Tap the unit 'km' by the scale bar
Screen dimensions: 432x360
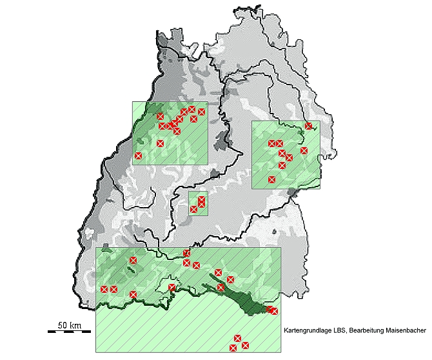[x=75, y=325]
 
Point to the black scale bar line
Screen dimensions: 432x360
[x=68, y=332]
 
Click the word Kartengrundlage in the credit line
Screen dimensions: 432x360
[x=307, y=330]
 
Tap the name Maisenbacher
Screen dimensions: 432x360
[x=406, y=330]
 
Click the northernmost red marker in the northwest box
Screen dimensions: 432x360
[x=192, y=109]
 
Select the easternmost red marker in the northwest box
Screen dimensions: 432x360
[x=202, y=112]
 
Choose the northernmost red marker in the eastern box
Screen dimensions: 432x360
[x=309, y=126]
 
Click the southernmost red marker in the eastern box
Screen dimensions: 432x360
[x=272, y=179]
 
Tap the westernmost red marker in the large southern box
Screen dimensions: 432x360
[x=104, y=289]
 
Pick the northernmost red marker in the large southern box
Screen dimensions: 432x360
[x=187, y=253]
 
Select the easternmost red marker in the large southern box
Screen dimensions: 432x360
[x=275, y=312]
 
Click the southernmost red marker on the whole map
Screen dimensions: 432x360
[x=233, y=348]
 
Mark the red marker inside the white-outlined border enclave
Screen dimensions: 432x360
[x=172, y=288]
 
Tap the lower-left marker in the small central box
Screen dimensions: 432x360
[x=193, y=209]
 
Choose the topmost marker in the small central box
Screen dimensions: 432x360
[x=202, y=199]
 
